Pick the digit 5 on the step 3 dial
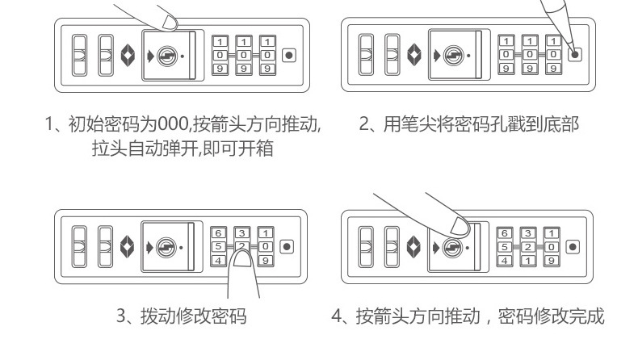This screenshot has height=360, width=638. pyautogui.click(x=218, y=246)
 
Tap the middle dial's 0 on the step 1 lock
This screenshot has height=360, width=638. pyautogui.click(x=242, y=56)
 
